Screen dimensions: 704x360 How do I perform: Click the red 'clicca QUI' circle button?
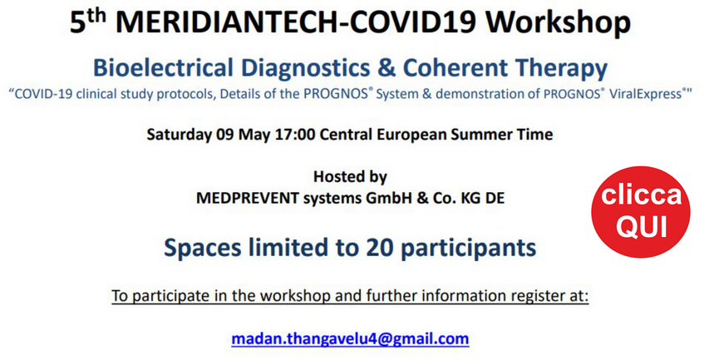641,211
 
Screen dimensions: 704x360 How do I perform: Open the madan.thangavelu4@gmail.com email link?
350,338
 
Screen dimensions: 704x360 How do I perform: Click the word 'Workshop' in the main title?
558,22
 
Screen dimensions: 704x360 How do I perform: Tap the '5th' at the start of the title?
88,20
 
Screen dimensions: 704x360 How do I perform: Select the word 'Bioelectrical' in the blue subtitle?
163,68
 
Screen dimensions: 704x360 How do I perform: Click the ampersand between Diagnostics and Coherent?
386,68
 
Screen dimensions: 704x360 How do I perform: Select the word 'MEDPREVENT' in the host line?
248,198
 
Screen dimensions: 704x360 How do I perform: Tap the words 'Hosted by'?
350,176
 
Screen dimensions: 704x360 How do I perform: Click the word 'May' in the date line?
249,135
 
